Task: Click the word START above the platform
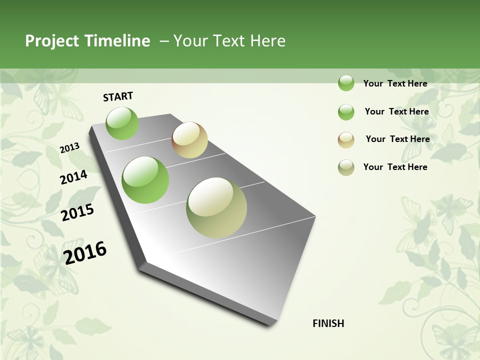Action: click(118, 96)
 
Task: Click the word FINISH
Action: click(328, 323)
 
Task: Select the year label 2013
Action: click(69, 148)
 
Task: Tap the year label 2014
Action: click(73, 177)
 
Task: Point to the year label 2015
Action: click(77, 212)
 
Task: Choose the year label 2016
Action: click(85, 252)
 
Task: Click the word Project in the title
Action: click(52, 41)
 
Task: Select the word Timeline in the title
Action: click(117, 41)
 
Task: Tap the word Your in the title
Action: click(190, 41)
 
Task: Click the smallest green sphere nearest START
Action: click(122, 123)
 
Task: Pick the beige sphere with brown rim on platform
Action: click(189, 140)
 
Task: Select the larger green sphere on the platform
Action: click(145, 180)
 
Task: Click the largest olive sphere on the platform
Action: click(216, 207)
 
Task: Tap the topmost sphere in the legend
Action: click(346, 83)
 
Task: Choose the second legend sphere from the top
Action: click(346, 112)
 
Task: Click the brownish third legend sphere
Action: click(346, 140)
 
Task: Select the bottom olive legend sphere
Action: click(346, 167)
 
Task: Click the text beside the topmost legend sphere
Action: click(395, 83)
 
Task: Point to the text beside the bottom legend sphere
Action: click(395, 167)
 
